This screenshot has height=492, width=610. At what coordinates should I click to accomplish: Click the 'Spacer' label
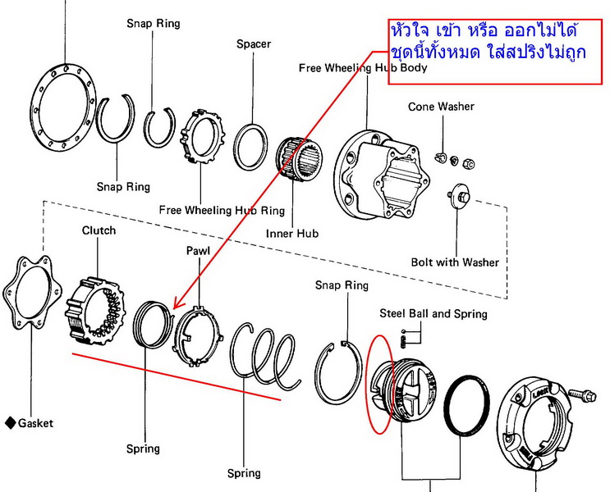[254, 43]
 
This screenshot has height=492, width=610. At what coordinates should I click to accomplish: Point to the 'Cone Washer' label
[441, 107]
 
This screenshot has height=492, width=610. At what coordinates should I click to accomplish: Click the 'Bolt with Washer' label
[455, 262]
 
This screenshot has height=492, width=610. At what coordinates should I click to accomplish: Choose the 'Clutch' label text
[99, 230]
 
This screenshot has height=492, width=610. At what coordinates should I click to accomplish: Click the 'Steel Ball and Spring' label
[433, 313]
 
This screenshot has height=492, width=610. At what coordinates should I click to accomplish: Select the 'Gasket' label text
[35, 423]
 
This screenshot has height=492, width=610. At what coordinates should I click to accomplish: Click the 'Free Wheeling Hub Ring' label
[222, 211]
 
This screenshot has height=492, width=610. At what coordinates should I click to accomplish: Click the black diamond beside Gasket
[9, 423]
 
